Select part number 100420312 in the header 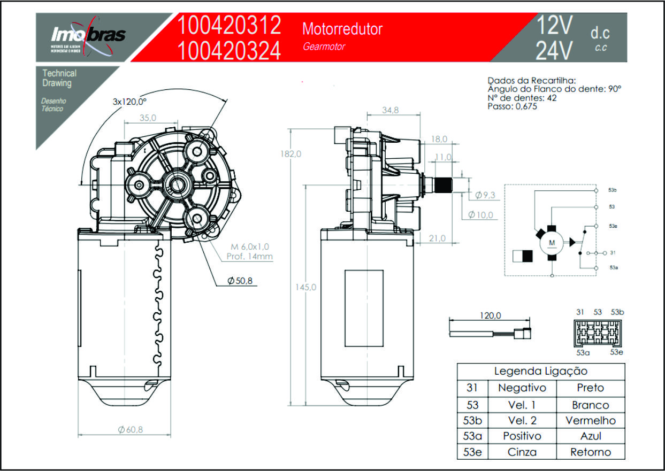pos(229,26)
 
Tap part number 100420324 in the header pos(229,51)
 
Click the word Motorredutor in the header pos(342,28)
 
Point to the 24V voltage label pos(554,51)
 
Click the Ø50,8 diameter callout pos(240,281)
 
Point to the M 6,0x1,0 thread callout pos(250,246)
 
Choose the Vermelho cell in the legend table pos(591,421)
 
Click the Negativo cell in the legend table pos(522,388)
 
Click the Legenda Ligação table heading pos(540,371)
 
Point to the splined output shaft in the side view pos(443,185)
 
